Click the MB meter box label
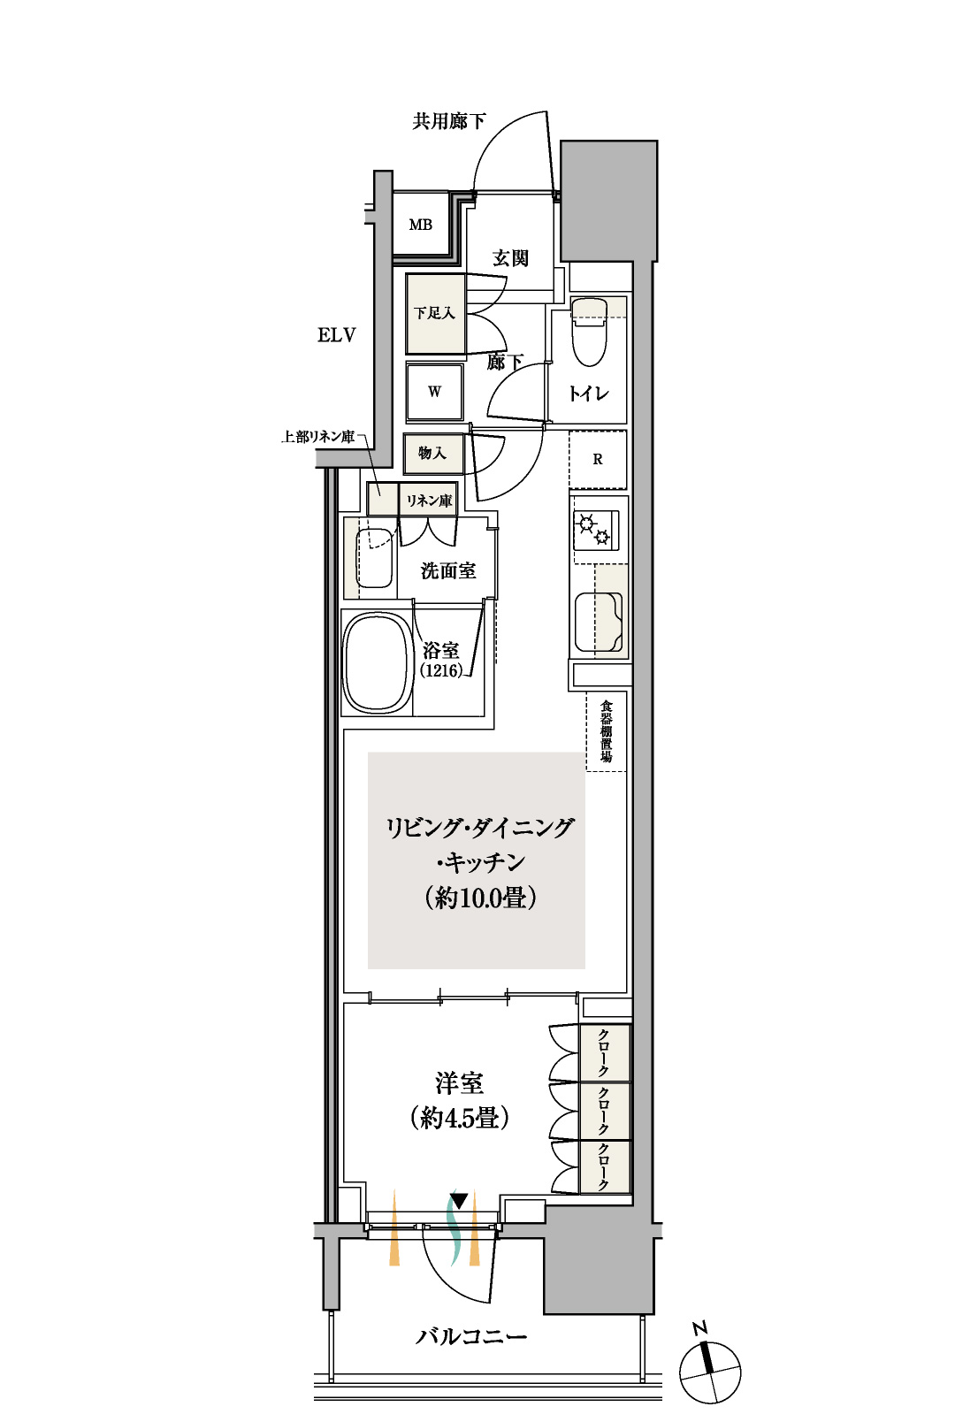coord(420,225)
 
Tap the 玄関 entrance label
coord(510,258)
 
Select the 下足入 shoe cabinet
coord(435,314)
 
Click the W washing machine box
coord(434,392)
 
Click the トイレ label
coord(589,394)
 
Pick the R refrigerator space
coord(598,459)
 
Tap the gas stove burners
coord(595,531)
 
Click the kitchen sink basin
coord(598,623)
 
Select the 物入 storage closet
coord(433,454)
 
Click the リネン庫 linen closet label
coord(429,501)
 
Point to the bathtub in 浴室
coord(376,662)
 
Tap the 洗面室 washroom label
coord(448,571)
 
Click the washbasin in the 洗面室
coord(373,558)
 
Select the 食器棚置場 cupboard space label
coord(607,731)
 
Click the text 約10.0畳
coord(481,898)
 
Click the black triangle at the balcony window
coord(458,1201)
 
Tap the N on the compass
coord(699,1327)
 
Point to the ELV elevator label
coord(337,335)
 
